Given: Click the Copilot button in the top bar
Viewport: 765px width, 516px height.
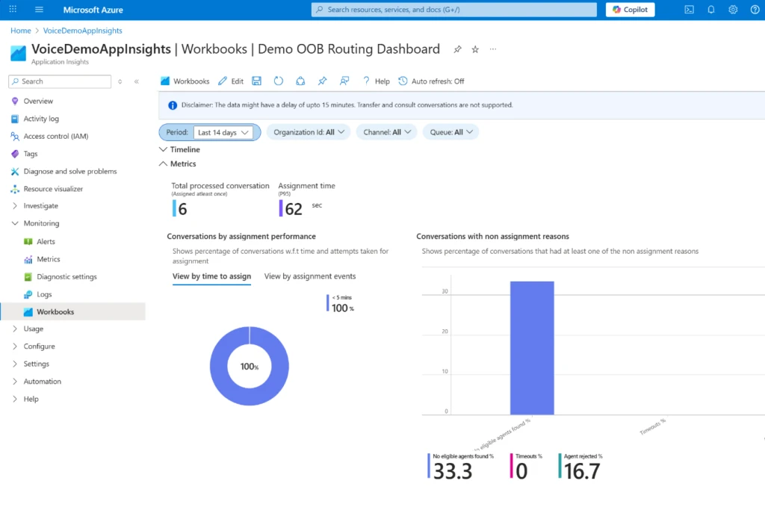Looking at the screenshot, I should pyautogui.click(x=630, y=10).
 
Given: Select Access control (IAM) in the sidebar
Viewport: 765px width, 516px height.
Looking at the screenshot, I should pyautogui.click(x=55, y=136).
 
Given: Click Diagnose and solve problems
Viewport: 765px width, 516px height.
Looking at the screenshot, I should pyautogui.click(x=69, y=171).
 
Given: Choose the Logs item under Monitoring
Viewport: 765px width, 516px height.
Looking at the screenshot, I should pyautogui.click(x=44, y=294).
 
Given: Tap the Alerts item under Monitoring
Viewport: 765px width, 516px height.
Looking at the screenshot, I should pyautogui.click(x=46, y=241).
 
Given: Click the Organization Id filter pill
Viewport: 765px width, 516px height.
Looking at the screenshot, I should pyautogui.click(x=308, y=132).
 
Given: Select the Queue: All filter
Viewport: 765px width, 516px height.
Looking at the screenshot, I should pyautogui.click(x=450, y=132).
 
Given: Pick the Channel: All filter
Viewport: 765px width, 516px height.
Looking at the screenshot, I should pyautogui.click(x=386, y=132).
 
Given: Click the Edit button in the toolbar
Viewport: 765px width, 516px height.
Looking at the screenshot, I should pyautogui.click(x=231, y=81).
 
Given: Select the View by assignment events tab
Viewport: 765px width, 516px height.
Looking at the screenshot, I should pyautogui.click(x=310, y=276).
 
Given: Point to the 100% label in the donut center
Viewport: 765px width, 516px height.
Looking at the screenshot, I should pyautogui.click(x=249, y=367).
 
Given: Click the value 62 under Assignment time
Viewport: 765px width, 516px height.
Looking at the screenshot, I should pyautogui.click(x=294, y=209).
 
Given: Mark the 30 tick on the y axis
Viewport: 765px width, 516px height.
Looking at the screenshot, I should pyautogui.click(x=445, y=292).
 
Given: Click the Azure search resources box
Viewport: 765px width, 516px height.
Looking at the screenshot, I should pyautogui.click(x=454, y=10).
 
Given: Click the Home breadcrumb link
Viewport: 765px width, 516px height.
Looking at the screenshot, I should pyautogui.click(x=21, y=31).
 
